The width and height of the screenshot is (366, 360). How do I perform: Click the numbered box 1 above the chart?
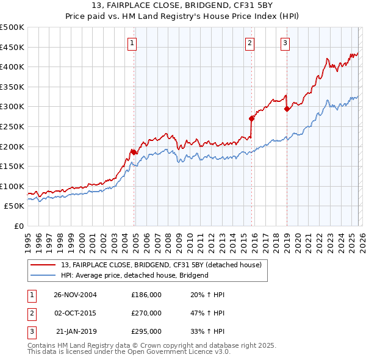132,43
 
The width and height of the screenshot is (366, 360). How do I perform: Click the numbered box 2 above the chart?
250,43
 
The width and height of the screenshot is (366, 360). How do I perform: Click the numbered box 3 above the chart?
285,43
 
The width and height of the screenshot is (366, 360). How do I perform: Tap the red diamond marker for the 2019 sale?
287,109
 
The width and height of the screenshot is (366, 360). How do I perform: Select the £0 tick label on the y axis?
18,226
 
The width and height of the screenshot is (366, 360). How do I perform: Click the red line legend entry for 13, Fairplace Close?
161,265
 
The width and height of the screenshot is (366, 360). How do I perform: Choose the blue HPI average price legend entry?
135,275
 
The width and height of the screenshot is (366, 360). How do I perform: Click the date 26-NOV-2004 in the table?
75,295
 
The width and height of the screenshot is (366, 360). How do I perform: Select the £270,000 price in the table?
146,313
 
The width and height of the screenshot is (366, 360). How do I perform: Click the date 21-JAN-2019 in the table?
75,331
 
